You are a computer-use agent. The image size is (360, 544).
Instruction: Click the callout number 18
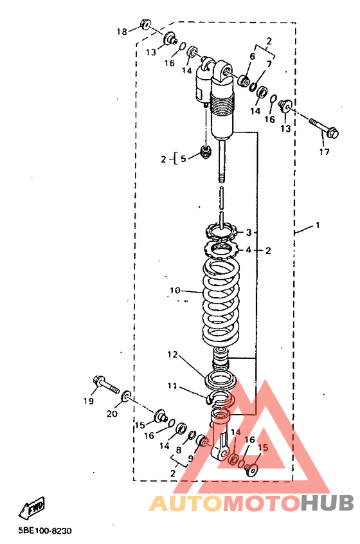point(122,32)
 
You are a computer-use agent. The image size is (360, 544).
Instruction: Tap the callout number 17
point(324,152)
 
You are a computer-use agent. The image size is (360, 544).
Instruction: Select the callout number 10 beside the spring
point(175,290)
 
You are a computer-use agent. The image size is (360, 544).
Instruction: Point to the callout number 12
point(172,354)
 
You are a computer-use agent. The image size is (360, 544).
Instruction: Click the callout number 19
point(89,401)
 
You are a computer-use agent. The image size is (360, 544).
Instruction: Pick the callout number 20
point(112,413)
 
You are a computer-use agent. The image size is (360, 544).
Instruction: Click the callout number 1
point(318,225)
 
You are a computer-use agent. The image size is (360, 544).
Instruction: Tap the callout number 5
point(183,159)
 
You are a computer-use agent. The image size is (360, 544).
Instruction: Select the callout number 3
point(248,232)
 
